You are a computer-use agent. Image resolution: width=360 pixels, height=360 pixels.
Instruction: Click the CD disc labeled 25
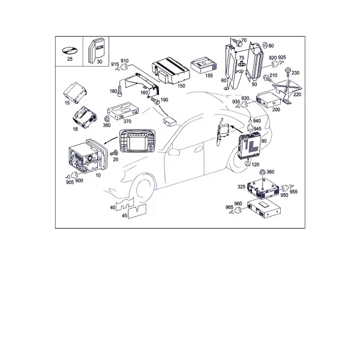point(70,50)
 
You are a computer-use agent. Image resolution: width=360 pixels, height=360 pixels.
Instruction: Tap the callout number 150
point(181,86)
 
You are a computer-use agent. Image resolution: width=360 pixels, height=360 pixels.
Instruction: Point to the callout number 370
point(127,121)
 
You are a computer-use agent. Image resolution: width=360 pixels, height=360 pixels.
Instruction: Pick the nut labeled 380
point(107,119)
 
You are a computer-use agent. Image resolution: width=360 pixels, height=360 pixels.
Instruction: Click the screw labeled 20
point(114,152)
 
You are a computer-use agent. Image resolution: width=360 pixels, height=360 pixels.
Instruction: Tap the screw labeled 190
point(155,101)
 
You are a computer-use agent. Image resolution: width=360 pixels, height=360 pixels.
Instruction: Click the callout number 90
point(264,141)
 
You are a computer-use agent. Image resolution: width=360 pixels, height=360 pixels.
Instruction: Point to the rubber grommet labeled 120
point(247,163)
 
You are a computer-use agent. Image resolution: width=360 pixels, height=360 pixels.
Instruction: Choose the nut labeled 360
point(262,172)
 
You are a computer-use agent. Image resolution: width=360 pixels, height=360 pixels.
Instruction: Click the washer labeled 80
point(265,45)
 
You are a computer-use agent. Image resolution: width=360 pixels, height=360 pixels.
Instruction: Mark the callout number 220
point(297,94)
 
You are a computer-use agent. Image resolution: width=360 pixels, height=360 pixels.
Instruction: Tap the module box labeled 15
point(75,92)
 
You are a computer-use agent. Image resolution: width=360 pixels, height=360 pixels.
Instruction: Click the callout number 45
point(124,215)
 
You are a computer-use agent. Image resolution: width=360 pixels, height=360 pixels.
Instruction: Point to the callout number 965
point(229,208)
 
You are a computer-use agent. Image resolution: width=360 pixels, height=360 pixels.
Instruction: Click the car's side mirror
point(174,152)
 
